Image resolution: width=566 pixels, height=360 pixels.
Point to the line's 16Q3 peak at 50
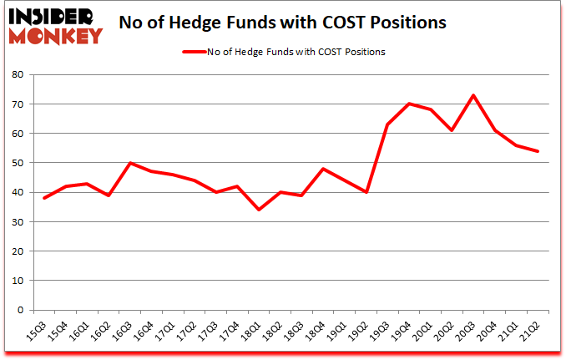pyautogui.click(x=130, y=163)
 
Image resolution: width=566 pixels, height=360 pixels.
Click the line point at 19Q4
pyautogui.click(x=409, y=104)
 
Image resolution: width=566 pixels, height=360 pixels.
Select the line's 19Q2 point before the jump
pyautogui.click(x=366, y=192)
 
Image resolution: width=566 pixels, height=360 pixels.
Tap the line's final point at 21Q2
pyautogui.click(x=539, y=151)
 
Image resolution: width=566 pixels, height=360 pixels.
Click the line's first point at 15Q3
pyautogui.click(x=44, y=198)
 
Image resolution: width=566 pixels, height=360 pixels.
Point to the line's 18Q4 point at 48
pyautogui.click(x=323, y=169)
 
